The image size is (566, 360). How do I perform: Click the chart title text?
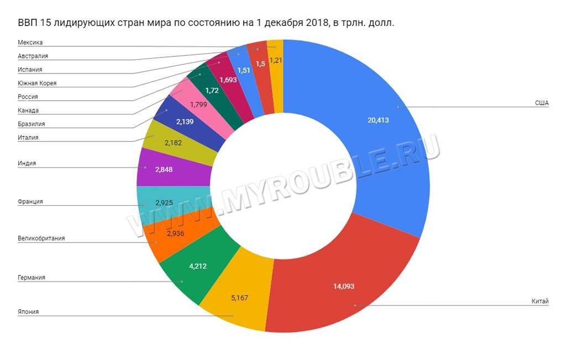click(x=206, y=23)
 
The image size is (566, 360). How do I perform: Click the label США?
click(x=541, y=103)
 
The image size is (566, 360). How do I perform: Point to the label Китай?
click(x=539, y=301)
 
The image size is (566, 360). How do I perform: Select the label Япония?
click(x=28, y=312)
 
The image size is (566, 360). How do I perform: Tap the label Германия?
click(x=31, y=277)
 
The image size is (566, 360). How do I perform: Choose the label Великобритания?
click(x=41, y=238)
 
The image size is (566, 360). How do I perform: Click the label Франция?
click(x=30, y=202)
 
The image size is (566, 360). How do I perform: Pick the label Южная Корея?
click(x=37, y=84)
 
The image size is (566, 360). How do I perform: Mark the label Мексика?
click(x=30, y=43)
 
